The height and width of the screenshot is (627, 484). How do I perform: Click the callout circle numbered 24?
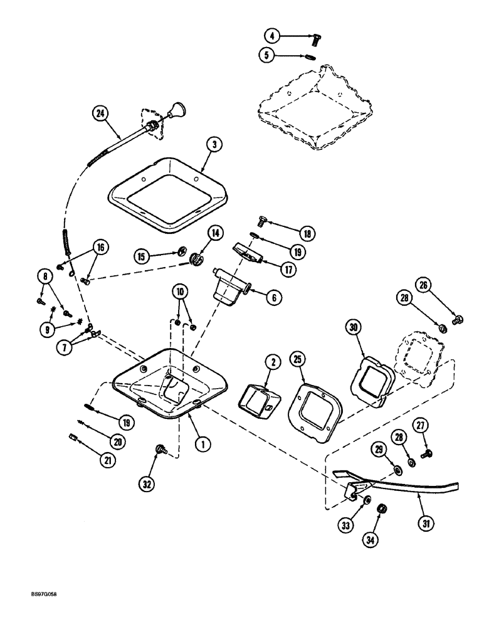(x=100, y=113)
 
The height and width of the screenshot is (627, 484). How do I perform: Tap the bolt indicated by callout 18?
(x=263, y=221)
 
